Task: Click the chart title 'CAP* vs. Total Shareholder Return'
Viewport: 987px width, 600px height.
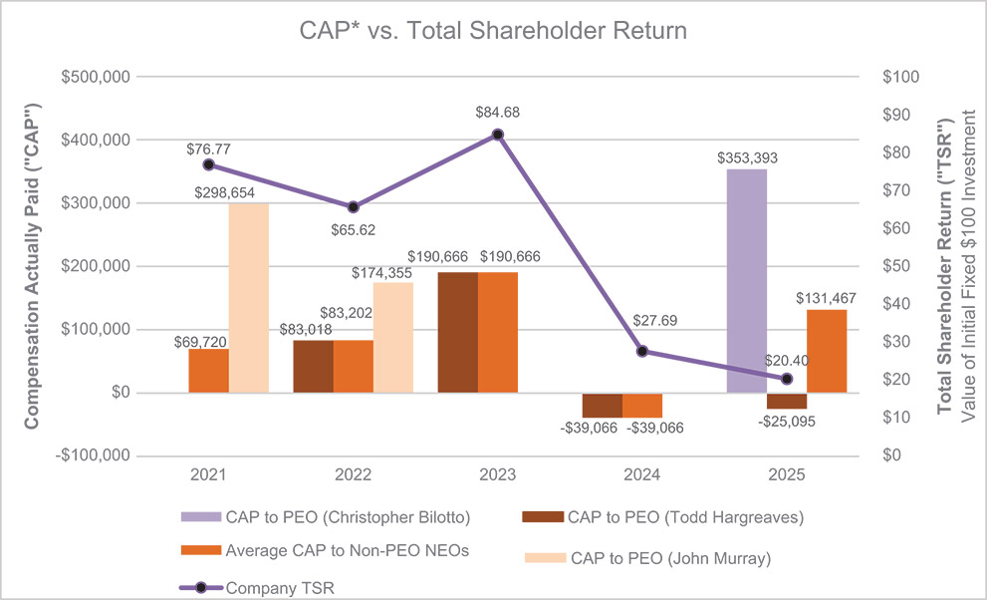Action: pyautogui.click(x=493, y=31)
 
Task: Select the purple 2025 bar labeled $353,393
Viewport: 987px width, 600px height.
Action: pyautogui.click(x=747, y=280)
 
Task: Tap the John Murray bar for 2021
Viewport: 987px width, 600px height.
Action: pyautogui.click(x=248, y=297)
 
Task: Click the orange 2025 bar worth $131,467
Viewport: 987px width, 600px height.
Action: pyautogui.click(x=827, y=351)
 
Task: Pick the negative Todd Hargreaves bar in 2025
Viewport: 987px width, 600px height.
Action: pyautogui.click(x=787, y=401)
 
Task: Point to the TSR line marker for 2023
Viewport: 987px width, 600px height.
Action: pyautogui.click(x=498, y=135)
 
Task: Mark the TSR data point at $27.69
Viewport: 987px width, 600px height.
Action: pyautogui.click(x=642, y=351)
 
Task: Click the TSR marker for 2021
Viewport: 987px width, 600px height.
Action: pyautogui.click(x=208, y=164)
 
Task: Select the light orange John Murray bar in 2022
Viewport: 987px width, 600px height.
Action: pyautogui.click(x=393, y=338)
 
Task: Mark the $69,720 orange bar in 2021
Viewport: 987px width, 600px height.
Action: pyautogui.click(x=208, y=371)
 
